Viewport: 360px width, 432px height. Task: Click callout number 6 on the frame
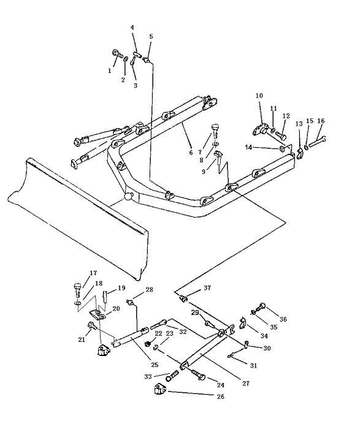pos(191,153)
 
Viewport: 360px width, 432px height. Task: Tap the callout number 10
pos(259,96)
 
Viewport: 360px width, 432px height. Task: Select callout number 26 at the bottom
pos(221,396)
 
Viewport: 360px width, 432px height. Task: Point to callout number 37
pos(207,287)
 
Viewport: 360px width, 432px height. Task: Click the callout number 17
pos(93,273)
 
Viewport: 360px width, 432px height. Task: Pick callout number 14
pos(248,148)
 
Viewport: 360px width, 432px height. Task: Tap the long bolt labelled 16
pos(317,141)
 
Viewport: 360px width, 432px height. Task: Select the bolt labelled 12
pos(281,135)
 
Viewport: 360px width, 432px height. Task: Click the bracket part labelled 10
pos(261,129)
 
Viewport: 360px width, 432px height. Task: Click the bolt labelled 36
pos(260,306)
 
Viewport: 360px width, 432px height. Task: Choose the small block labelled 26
pos(159,388)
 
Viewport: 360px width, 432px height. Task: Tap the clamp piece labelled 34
pos(242,323)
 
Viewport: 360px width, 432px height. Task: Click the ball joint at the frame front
pos(128,196)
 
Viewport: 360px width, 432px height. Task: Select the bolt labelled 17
pos(78,290)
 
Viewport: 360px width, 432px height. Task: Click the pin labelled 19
pos(105,296)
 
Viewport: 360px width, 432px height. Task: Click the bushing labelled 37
pos(183,298)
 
